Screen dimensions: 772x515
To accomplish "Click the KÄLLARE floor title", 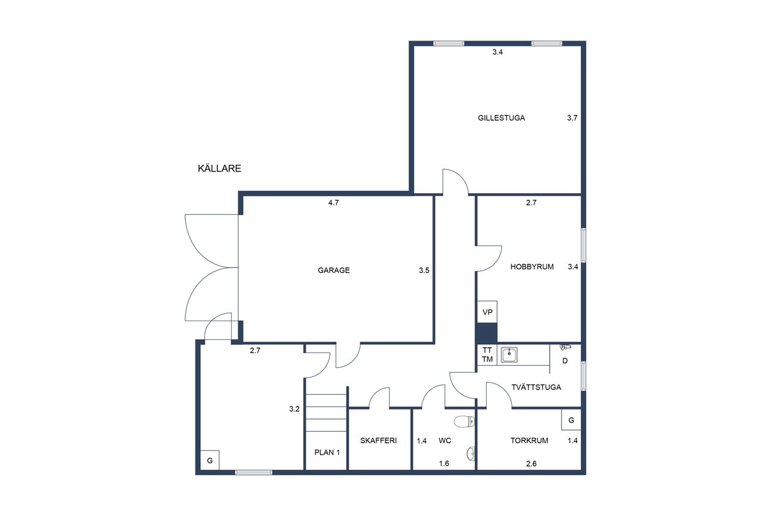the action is point(219,168).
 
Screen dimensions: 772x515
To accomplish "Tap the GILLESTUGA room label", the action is point(501,118).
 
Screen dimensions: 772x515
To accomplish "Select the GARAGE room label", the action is point(334,270).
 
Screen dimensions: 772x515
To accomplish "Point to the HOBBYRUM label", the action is point(532,267).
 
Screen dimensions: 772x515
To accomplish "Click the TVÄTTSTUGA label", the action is point(536,388).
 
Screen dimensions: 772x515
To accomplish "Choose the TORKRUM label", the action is point(529,441).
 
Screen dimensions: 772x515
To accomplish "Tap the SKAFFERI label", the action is point(378,441).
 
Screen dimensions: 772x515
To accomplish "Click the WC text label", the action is point(445,441).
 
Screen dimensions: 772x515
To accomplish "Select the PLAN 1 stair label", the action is point(327,452).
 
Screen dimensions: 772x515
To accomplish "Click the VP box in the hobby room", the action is point(487,312).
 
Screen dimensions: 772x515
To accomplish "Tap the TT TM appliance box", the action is point(487,354).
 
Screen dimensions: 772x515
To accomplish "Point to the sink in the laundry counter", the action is point(509,354).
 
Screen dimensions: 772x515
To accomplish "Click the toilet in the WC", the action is point(464,421).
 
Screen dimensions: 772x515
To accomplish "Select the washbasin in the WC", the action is point(471,453).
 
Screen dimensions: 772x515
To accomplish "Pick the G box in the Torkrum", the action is point(571,420).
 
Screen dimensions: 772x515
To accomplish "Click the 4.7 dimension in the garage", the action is point(334,203).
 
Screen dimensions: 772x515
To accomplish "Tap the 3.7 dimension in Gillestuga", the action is point(572,118).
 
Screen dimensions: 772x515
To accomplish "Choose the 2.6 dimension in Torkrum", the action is point(531,464).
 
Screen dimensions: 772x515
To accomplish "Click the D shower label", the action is point(565,361).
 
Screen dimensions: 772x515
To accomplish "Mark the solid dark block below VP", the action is point(486,333).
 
